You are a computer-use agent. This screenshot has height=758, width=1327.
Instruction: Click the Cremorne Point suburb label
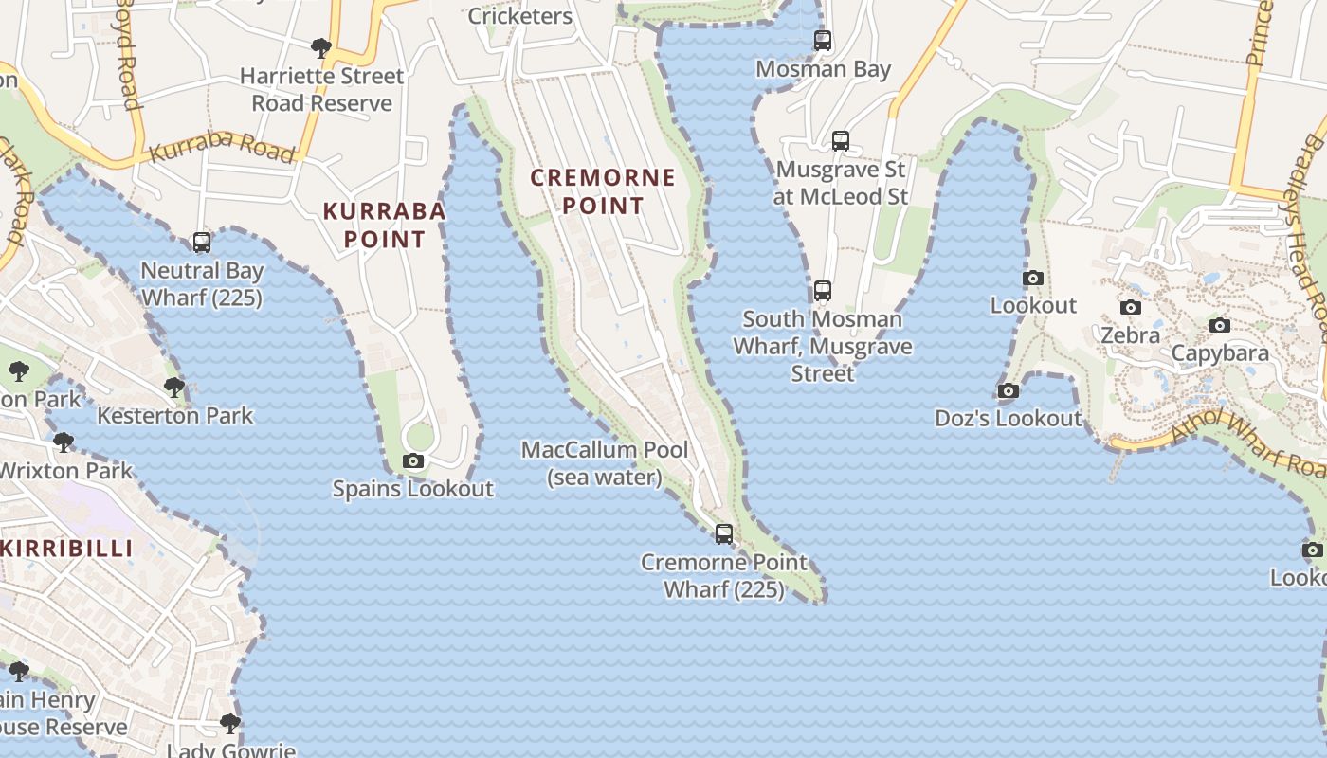[603, 191]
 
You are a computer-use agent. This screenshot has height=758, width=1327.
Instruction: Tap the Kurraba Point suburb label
[384, 225]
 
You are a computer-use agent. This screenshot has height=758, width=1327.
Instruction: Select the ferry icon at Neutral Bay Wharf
[202, 243]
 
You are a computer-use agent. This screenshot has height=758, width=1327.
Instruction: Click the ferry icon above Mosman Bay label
[823, 41]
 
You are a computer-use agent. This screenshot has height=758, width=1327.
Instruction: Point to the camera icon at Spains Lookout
[413, 461]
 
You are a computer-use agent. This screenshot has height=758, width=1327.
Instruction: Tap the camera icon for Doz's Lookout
[1009, 391]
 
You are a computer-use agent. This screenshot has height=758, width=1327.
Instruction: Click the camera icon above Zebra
[1131, 308]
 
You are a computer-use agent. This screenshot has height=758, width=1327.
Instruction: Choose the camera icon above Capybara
[1220, 326]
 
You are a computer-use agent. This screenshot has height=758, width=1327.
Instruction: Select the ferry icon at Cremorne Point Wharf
[724, 534]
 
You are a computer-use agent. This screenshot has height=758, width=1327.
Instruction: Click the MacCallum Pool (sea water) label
[605, 463]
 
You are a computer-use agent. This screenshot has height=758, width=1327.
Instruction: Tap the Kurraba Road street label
[222, 149]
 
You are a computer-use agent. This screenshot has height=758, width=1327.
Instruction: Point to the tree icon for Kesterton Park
[174, 388]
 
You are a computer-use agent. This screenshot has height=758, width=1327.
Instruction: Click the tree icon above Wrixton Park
[64, 442]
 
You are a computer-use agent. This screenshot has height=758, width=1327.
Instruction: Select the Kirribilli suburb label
[66, 549]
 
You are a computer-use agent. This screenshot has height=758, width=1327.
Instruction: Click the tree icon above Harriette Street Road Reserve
[321, 48]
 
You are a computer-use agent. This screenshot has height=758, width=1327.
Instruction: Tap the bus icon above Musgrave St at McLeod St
[841, 141]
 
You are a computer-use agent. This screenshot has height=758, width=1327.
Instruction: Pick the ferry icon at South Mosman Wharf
[823, 291]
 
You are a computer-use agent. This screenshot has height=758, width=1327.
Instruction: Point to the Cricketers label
[520, 16]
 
